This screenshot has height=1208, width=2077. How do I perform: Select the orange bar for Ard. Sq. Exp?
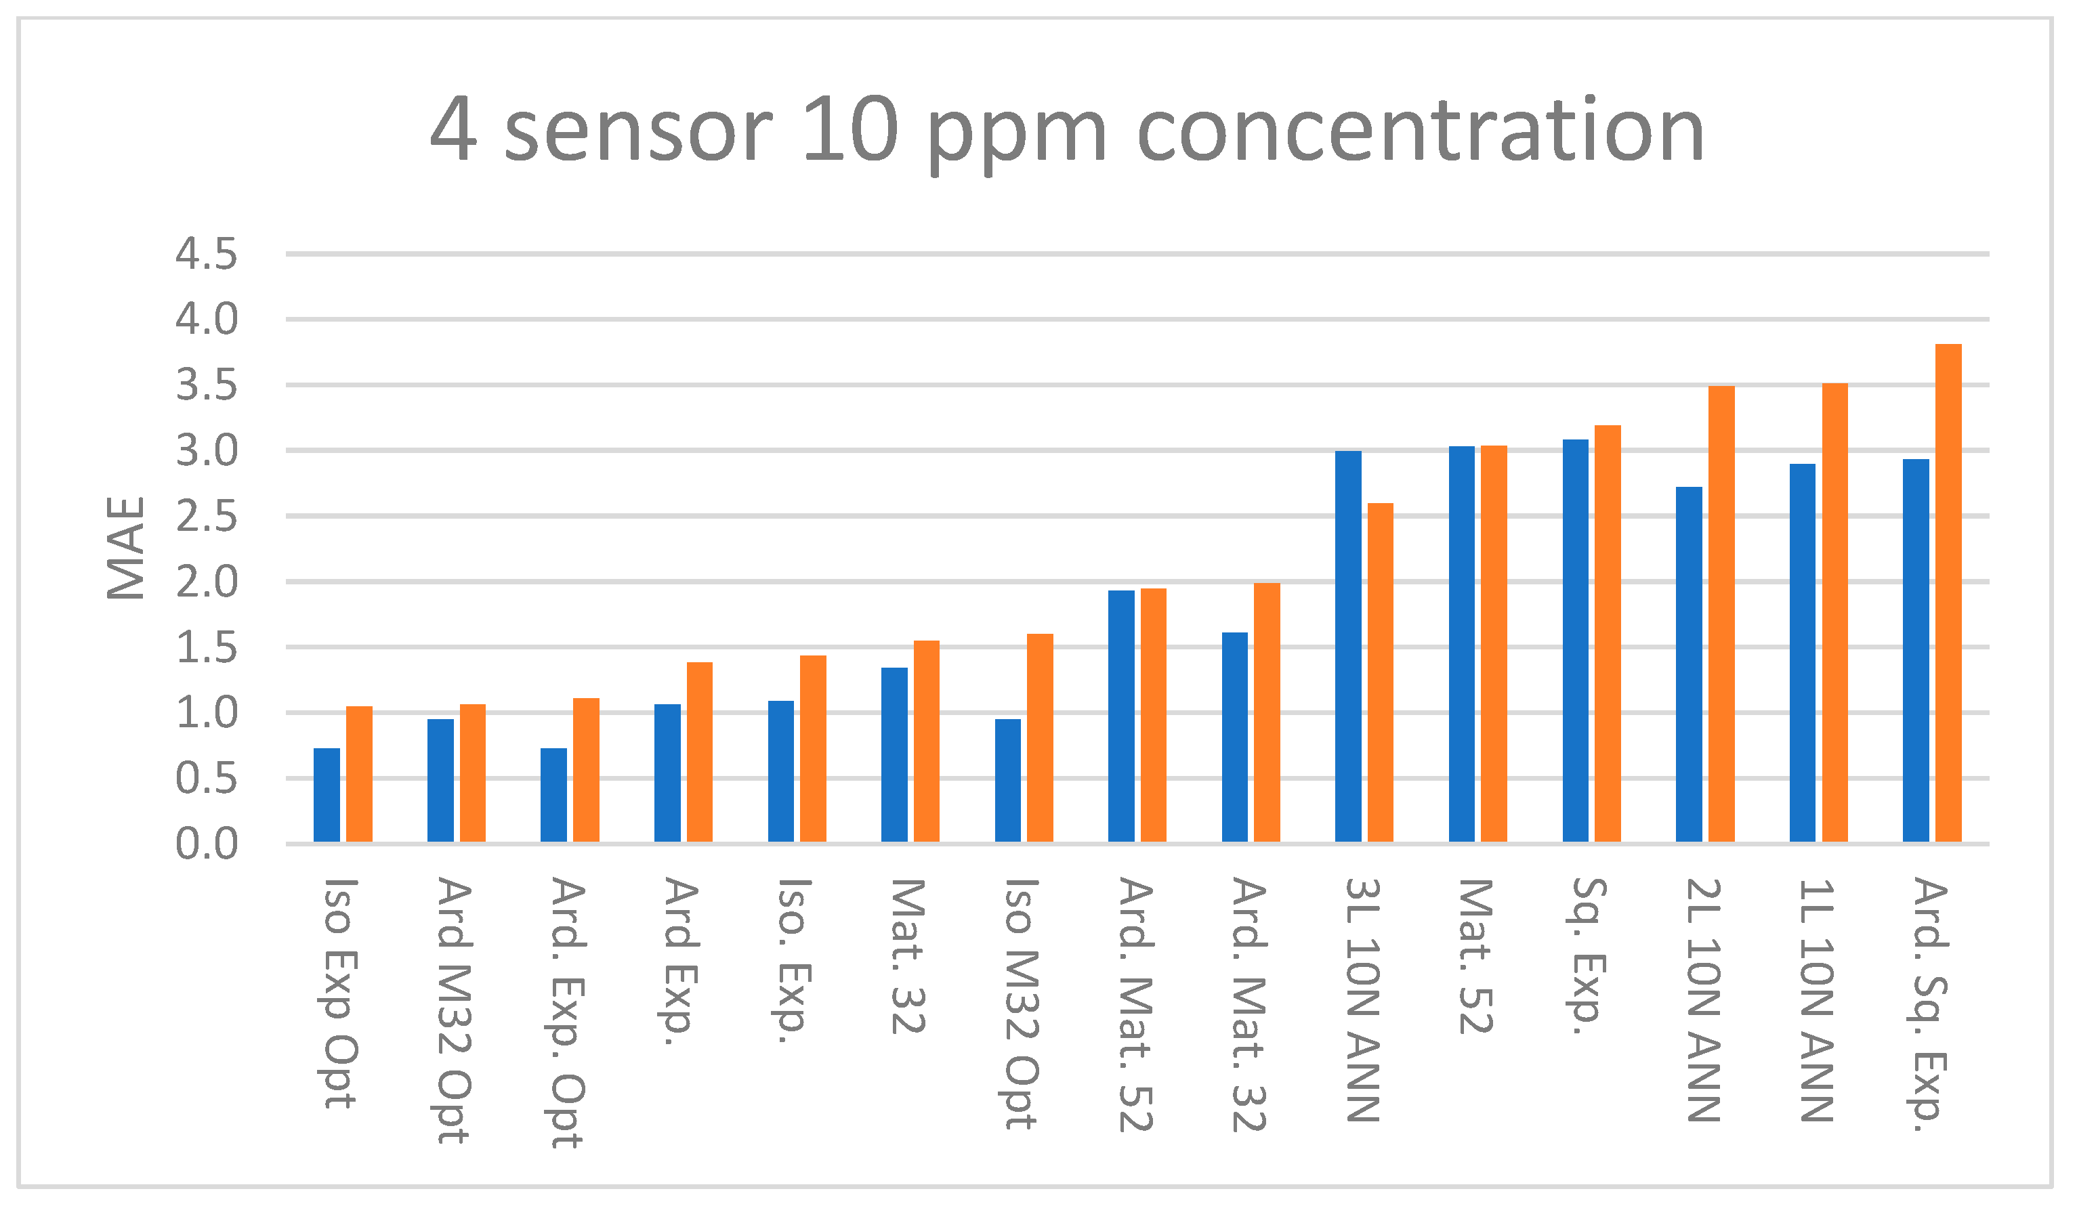pos(1948,593)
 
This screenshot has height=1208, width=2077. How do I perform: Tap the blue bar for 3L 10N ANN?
pos(1348,646)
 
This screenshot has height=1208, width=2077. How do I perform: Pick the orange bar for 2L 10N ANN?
pos(1722,614)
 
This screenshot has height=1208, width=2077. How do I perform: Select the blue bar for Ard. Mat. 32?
pos(1235,737)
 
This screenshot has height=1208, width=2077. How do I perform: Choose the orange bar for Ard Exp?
pos(700,752)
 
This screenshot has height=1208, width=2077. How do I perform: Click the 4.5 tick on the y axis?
pos(206,254)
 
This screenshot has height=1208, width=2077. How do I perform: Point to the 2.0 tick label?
pos(206,582)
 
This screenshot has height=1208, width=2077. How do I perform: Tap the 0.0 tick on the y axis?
pos(206,844)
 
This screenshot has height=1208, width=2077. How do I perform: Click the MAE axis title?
pos(126,548)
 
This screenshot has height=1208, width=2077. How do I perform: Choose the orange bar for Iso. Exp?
pos(814,748)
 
